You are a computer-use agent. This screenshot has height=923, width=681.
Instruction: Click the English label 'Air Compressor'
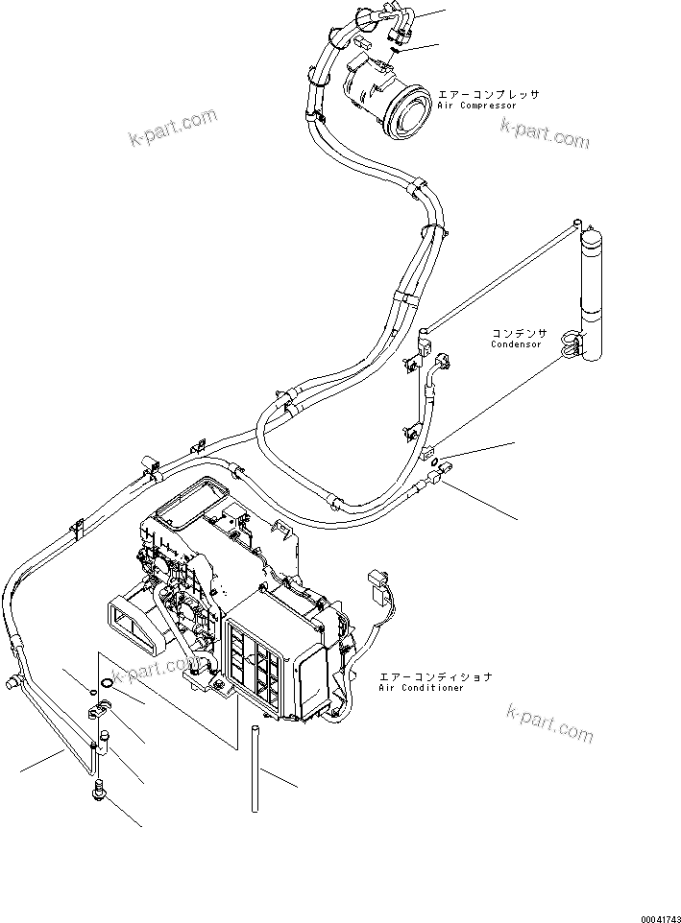coord(476,106)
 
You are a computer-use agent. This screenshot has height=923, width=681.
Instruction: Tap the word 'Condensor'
coord(516,343)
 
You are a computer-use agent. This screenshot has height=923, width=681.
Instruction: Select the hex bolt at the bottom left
coord(98,793)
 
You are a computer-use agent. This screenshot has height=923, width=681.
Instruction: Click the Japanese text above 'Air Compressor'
coord(488,94)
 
